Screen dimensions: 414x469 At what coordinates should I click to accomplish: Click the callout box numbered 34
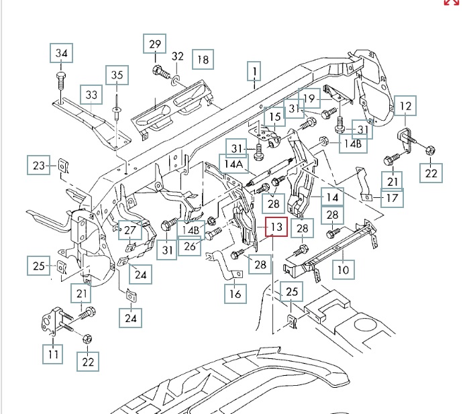click(x=62, y=53)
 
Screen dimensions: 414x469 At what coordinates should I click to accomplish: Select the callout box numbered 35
click(x=117, y=75)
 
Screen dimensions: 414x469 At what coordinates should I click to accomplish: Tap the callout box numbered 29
click(x=155, y=45)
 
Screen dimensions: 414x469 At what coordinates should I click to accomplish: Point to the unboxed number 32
click(x=178, y=56)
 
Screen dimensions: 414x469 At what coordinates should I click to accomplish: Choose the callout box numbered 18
click(x=203, y=60)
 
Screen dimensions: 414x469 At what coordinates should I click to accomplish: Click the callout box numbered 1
click(x=255, y=70)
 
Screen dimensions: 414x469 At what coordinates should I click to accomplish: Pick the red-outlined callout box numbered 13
click(x=276, y=227)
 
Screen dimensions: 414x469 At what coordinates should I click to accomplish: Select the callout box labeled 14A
click(x=235, y=164)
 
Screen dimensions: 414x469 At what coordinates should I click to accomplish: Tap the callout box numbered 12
click(x=405, y=106)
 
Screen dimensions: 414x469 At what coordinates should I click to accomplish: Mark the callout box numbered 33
click(x=91, y=95)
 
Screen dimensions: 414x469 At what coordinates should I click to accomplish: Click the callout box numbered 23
click(x=39, y=164)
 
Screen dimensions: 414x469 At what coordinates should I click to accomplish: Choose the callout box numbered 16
click(x=235, y=294)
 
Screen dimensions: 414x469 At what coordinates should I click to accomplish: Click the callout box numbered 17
click(x=393, y=199)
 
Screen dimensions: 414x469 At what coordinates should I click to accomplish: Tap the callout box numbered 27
click(x=129, y=229)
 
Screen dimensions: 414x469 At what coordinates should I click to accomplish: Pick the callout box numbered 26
click(x=191, y=246)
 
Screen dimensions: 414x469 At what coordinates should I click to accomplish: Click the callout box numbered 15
click(x=275, y=117)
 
